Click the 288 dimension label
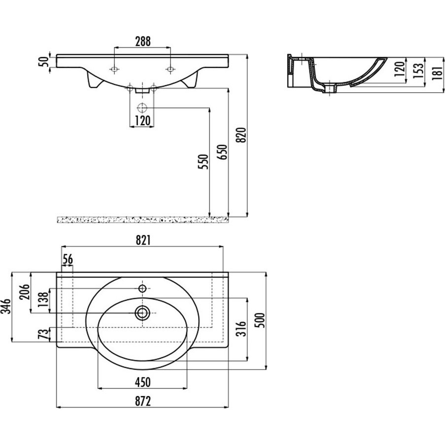pyautogui.click(x=142, y=41)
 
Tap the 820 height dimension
pyautogui.click(x=241, y=135)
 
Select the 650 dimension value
pyautogui.click(x=223, y=152)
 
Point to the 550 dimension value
pyautogui.click(x=204, y=162)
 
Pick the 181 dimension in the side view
pyautogui.click(x=437, y=72)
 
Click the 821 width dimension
pyautogui.click(x=142, y=240)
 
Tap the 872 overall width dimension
pyautogui.click(x=142, y=401)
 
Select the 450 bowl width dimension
pyautogui.click(x=142, y=382)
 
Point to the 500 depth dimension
pyautogui.click(x=260, y=320)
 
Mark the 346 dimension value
pyautogui.click(x=6, y=306)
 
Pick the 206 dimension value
pyautogui.click(x=25, y=292)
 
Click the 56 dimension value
pyautogui.click(x=68, y=259)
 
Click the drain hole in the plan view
pyautogui.click(x=142, y=313)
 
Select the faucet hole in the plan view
pyautogui.click(x=142, y=288)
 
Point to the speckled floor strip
pyautogui.click(x=142, y=220)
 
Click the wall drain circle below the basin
pyautogui.click(x=141, y=108)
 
